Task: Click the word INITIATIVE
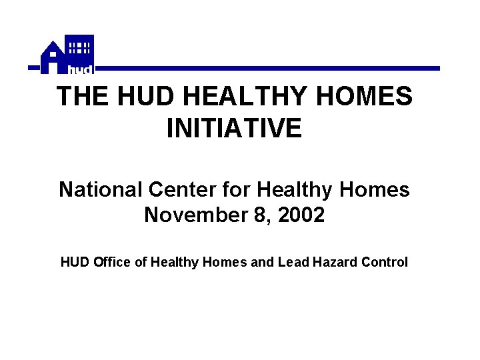(x=234, y=129)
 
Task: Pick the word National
(x=101, y=190)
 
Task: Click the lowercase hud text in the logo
(x=80, y=69)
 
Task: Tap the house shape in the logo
(x=52, y=58)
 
